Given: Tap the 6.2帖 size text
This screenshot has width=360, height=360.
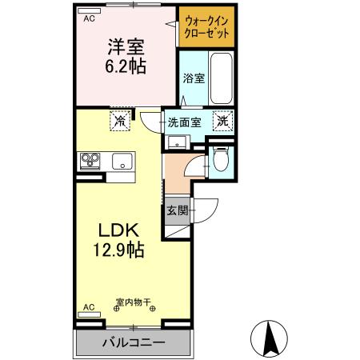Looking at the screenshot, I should click(x=126, y=67).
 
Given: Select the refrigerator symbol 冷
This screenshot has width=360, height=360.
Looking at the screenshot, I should click(x=118, y=122).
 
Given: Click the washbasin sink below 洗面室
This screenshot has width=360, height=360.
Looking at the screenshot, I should click(x=176, y=143).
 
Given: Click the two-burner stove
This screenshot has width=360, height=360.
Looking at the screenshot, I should click(x=89, y=160).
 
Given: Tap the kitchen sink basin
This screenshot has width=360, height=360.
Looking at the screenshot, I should click(x=122, y=159).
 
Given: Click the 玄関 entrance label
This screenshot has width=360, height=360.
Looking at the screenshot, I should click(x=177, y=211).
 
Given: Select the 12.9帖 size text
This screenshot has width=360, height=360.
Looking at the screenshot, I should click(x=117, y=250).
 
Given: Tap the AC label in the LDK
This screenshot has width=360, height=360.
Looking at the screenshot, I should click(x=89, y=306).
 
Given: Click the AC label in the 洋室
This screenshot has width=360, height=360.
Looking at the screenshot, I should click(x=89, y=17).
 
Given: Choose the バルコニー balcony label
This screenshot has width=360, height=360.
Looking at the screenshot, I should click(x=133, y=343).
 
